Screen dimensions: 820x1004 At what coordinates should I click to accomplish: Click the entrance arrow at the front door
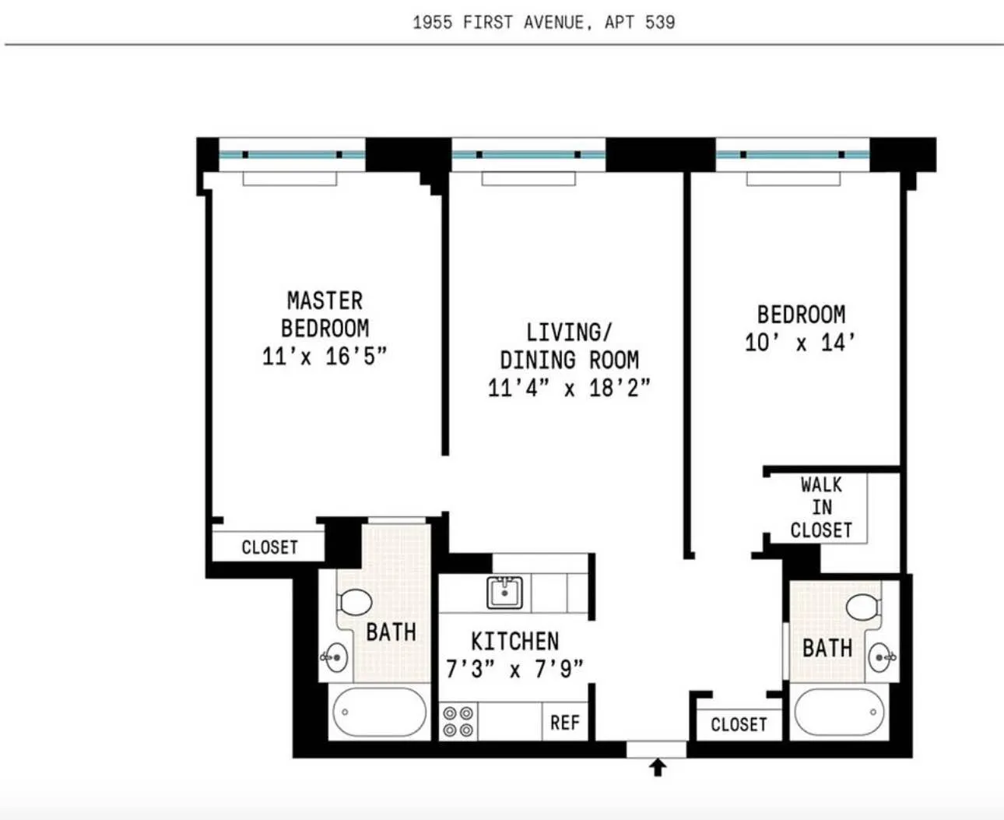tap(658, 768)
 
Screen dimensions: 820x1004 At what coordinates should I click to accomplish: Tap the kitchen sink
tap(504, 593)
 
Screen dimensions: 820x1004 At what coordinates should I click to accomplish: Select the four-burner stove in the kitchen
tap(458, 722)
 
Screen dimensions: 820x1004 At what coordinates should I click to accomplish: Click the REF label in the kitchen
tap(564, 723)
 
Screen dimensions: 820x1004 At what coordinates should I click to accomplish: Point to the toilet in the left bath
tap(355, 602)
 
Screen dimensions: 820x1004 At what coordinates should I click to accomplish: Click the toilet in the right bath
tap(862, 607)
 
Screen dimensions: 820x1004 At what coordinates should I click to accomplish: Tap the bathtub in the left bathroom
tap(379, 712)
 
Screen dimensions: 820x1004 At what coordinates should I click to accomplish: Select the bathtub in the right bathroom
tap(839, 712)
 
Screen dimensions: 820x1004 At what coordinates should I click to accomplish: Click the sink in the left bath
tap(335, 658)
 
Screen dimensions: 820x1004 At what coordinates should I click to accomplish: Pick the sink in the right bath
tap(881, 657)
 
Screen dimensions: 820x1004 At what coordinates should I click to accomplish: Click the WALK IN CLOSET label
tap(821, 508)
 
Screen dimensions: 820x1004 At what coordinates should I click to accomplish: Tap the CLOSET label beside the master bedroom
tap(269, 547)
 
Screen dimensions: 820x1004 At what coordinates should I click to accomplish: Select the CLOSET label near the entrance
tap(738, 724)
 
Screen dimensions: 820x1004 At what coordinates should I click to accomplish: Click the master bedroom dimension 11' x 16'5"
tap(324, 357)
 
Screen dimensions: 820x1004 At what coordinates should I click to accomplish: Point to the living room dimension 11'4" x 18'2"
tap(568, 388)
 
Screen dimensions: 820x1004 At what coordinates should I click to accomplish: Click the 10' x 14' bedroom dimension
tap(800, 343)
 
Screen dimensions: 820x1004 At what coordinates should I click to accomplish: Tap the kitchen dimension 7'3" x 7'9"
tap(514, 669)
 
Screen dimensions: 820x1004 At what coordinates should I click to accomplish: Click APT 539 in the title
tap(640, 22)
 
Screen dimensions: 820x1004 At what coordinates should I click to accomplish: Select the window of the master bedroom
tap(291, 155)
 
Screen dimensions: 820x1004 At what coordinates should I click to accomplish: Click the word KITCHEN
tap(514, 641)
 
